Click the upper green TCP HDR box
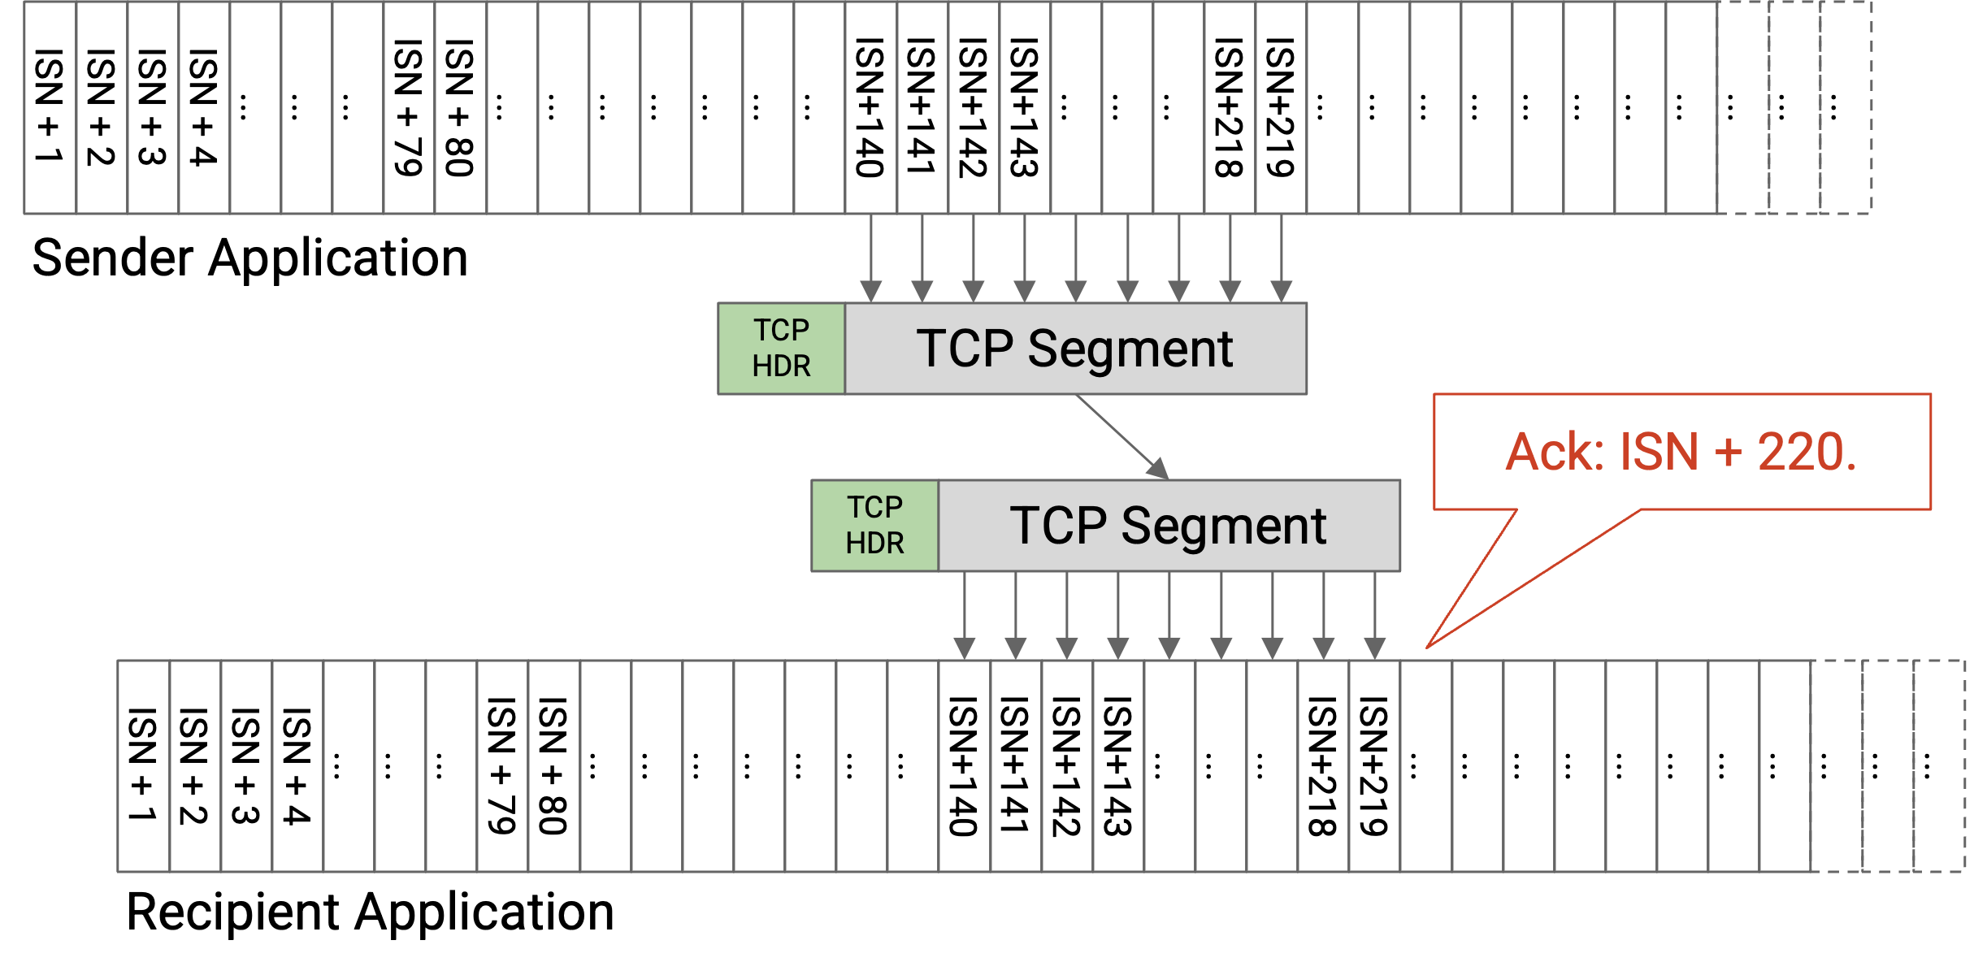coord(781,349)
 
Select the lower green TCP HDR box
coord(874,526)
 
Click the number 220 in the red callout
coord(1806,453)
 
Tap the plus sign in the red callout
coord(1729,453)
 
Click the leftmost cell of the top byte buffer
coord(50,108)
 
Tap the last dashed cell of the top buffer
coord(1846,108)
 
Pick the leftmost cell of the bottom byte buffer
coord(144,766)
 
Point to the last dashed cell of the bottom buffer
coord(1939,766)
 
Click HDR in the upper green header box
coord(781,366)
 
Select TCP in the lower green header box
coord(874,507)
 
